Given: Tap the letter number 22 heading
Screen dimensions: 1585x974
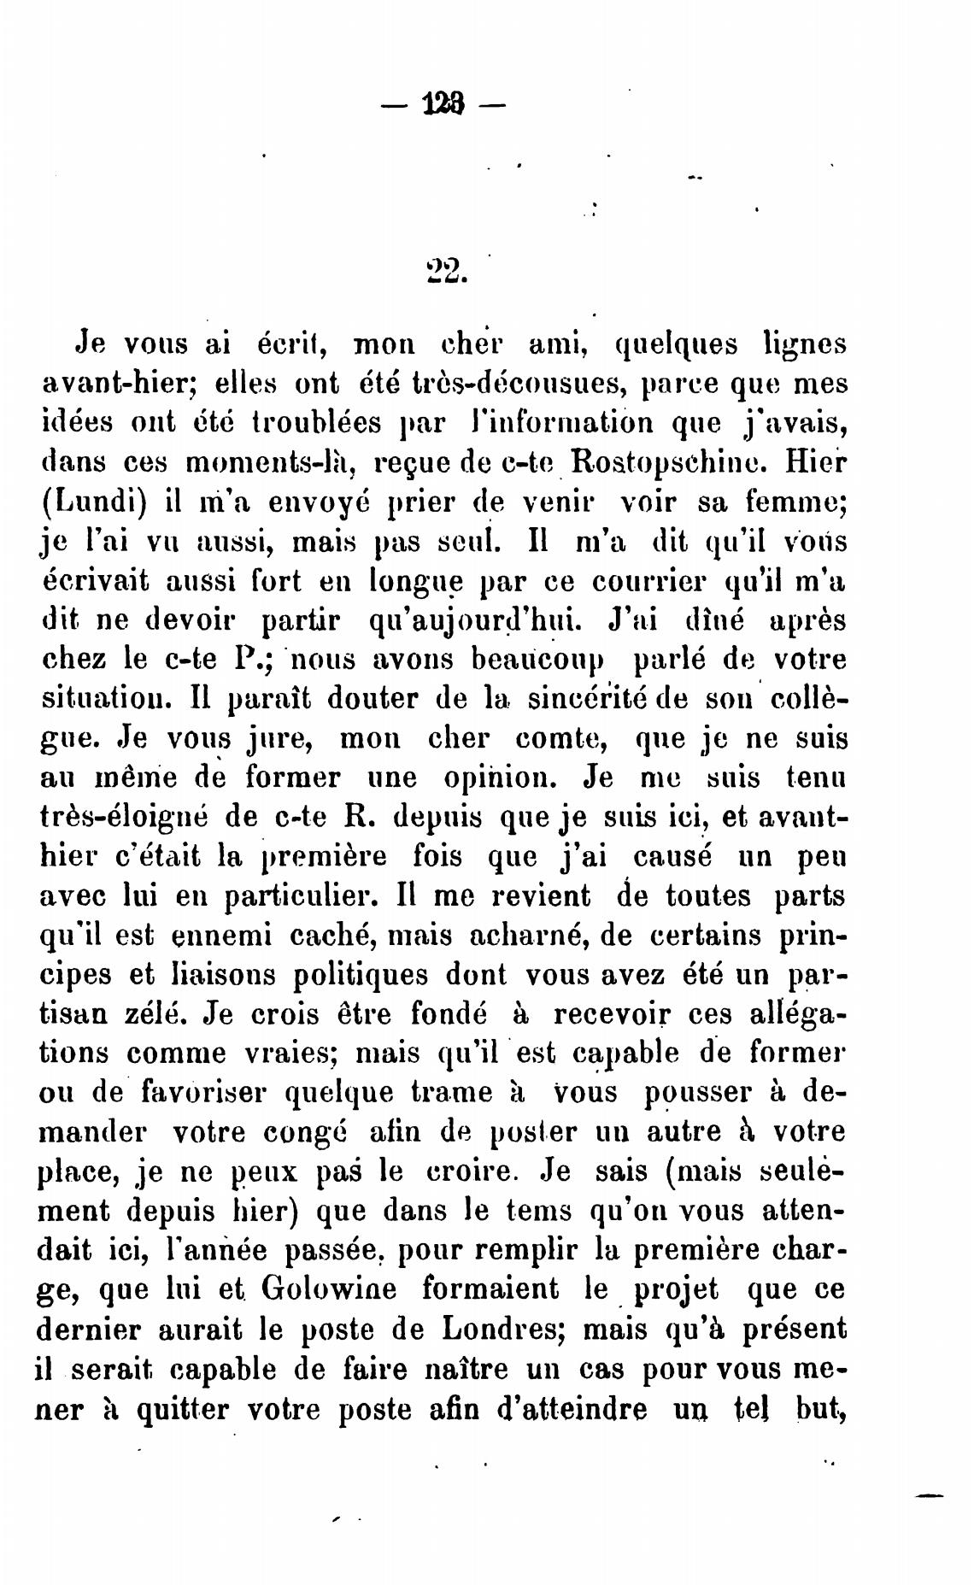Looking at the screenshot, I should click(444, 271).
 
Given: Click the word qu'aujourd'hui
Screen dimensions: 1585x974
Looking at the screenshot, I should click(462, 620).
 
